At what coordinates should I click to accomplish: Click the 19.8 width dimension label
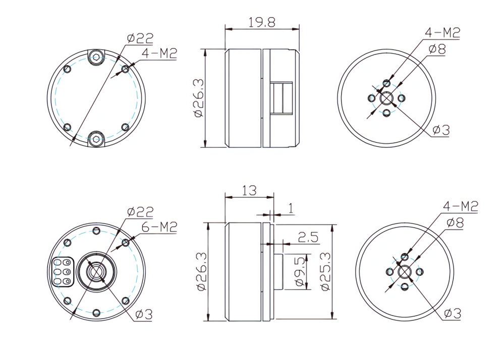262,22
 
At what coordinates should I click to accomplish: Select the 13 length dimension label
249,191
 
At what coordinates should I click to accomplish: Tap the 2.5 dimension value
308,237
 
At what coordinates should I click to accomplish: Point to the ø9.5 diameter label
300,271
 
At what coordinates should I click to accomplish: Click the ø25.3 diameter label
325,271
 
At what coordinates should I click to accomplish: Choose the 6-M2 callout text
159,227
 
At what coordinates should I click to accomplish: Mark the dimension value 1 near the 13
291,208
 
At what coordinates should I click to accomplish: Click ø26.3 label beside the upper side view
199,98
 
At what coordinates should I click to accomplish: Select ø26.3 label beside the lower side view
201,271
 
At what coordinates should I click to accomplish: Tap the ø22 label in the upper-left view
140,38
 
